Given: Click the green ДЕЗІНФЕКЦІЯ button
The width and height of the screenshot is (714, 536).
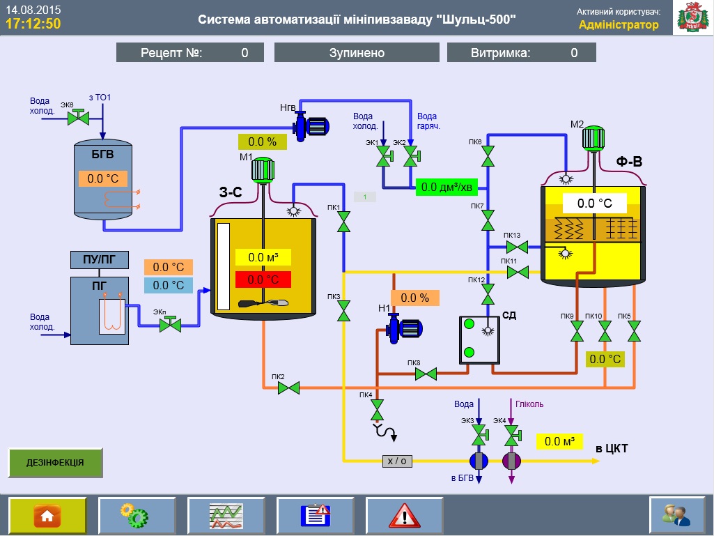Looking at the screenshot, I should (55, 462).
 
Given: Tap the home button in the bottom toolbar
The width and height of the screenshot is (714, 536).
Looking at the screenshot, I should (47, 516).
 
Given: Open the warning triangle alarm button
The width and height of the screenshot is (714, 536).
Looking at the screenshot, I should (404, 516).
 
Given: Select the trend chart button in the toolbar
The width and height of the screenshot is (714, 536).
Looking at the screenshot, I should (226, 516).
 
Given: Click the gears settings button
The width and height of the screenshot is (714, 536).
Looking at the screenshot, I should (137, 516).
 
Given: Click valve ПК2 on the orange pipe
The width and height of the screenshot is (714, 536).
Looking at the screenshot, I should (288, 388).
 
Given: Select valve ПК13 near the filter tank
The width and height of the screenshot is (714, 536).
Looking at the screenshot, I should (517, 247).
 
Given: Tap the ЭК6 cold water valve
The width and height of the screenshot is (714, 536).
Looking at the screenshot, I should (77, 118).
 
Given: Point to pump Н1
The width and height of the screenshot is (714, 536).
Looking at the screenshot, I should (403, 328).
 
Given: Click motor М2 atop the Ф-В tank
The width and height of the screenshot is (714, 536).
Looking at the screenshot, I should (593, 138).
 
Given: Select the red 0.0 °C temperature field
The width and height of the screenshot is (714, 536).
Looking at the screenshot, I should (263, 280).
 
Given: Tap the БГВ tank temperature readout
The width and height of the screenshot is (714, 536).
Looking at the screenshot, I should (103, 178).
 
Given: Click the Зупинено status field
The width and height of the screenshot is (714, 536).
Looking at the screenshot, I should (357, 53).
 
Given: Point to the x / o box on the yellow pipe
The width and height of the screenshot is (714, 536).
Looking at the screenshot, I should (397, 461).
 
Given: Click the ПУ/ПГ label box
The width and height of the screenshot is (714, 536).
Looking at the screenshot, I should (99, 260).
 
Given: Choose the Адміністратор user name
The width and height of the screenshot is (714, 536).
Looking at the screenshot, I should (618, 25).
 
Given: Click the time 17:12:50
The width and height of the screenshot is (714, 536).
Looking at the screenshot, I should (33, 24).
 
